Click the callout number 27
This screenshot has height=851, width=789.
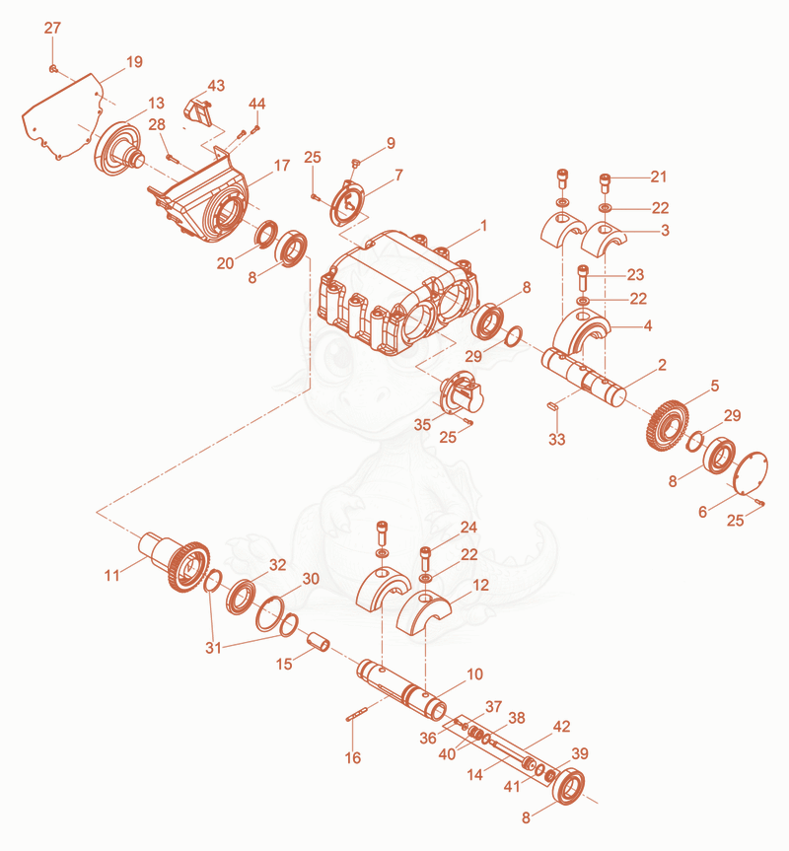tap(52, 28)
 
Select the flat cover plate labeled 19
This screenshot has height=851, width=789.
tap(62, 116)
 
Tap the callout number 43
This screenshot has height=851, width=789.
tap(216, 86)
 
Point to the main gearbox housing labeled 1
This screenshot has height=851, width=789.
tap(398, 293)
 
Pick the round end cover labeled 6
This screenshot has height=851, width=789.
tap(750, 473)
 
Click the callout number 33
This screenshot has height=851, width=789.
tap(557, 439)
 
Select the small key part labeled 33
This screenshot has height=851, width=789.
tap(553, 405)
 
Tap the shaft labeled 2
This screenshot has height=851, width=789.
tap(584, 378)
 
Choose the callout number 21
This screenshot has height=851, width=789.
tap(658, 177)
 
